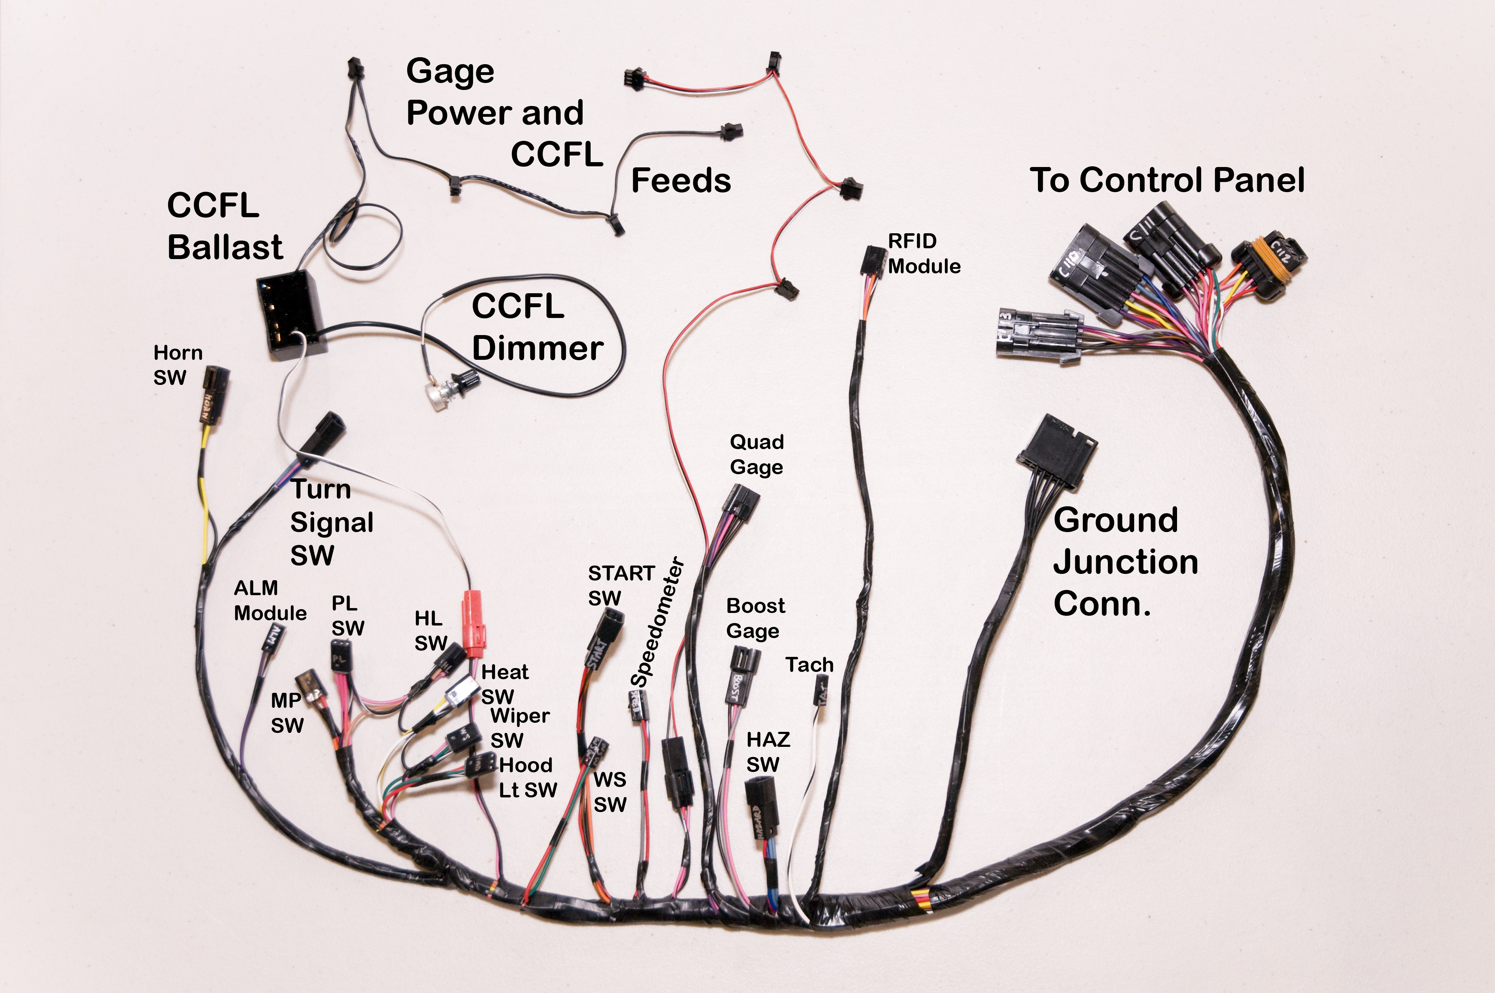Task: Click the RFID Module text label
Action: pyautogui.click(x=924, y=253)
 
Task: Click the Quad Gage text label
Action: pyautogui.click(x=757, y=454)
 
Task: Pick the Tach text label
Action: pyautogui.click(x=809, y=664)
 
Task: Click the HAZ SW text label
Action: pyautogui.click(x=767, y=752)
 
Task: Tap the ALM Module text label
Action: pyautogui.click(x=270, y=600)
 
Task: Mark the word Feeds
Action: pyautogui.click(x=681, y=181)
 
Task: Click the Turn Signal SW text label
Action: pyautogui.click(x=331, y=522)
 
